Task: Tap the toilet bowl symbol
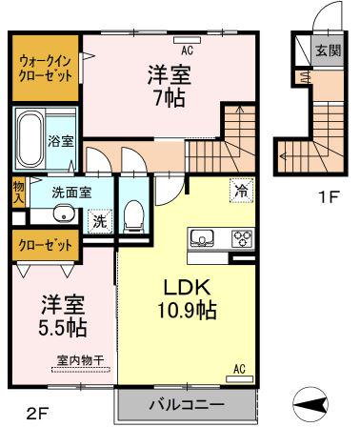[133, 216]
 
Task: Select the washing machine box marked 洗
[100, 221]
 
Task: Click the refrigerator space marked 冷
[242, 191]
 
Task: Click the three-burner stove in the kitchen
[243, 238]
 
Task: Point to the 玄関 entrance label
[329, 51]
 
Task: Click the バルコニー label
[188, 405]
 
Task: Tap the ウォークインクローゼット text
[45, 68]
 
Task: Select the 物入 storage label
[18, 193]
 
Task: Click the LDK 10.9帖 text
[188, 298]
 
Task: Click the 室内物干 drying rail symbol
[81, 370]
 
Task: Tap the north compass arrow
[310, 404]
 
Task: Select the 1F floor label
[329, 197]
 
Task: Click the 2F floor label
[37, 413]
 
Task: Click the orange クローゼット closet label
[45, 245]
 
